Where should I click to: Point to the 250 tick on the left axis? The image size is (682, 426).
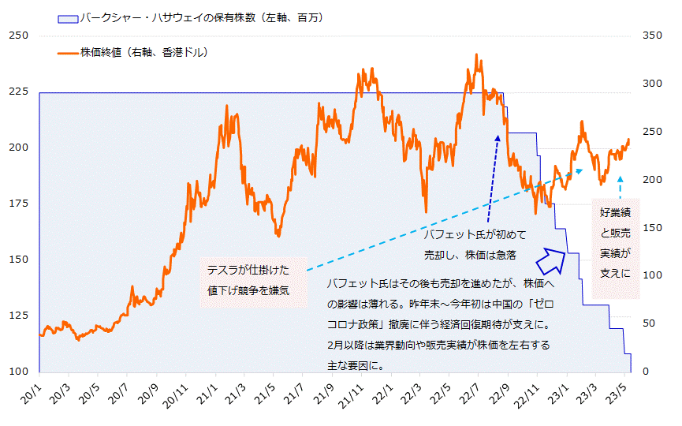pyautogui.click(x=17, y=35)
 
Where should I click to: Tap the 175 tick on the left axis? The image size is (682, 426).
pyautogui.click(x=17, y=204)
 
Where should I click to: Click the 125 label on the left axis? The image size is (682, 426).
pyautogui.click(x=17, y=316)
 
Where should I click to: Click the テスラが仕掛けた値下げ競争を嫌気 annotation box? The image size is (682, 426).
pyautogui.click(x=249, y=278)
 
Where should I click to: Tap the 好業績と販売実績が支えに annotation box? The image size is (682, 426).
pyautogui.click(x=615, y=243)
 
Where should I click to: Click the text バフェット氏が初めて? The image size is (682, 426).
pyautogui.click(x=475, y=235)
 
